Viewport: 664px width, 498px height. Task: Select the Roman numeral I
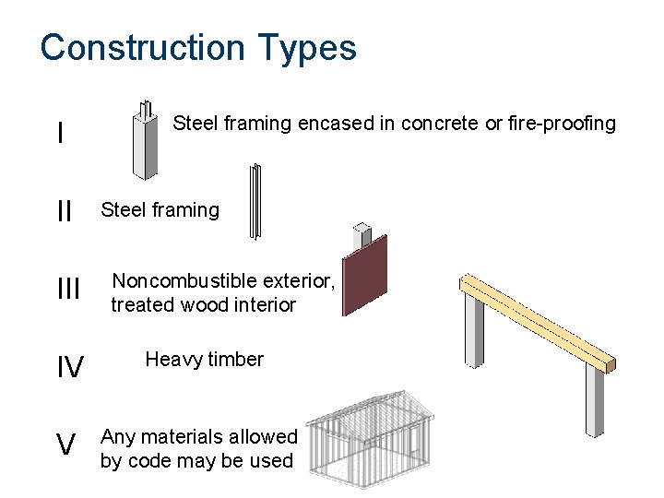pyautogui.click(x=60, y=134)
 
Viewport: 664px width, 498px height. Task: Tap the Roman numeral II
pyautogui.click(x=64, y=211)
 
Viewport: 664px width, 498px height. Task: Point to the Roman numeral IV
pyautogui.click(x=70, y=369)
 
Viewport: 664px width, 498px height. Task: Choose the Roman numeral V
pyautogui.click(x=65, y=446)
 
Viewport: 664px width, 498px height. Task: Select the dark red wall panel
pyautogui.click(x=365, y=274)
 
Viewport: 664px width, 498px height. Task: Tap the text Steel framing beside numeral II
pyautogui.click(x=160, y=210)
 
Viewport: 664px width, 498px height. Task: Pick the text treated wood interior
pyautogui.click(x=203, y=304)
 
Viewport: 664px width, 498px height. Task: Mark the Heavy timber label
pyautogui.click(x=204, y=360)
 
